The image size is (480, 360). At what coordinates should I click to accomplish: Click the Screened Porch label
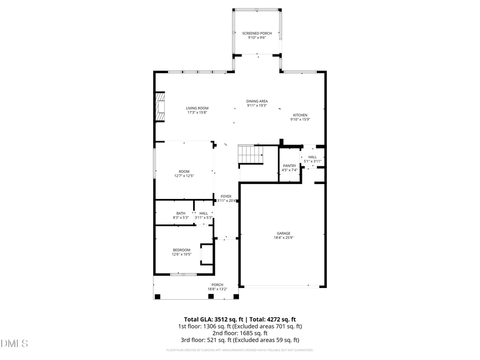point(257,34)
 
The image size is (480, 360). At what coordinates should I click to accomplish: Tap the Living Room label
point(197,108)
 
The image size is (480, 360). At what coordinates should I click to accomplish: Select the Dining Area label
point(257,101)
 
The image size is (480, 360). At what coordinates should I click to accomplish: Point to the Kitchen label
point(300,115)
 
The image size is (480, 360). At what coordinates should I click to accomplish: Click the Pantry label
point(289,166)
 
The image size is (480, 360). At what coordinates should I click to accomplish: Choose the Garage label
point(283,233)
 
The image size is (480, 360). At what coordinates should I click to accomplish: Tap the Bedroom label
point(181,250)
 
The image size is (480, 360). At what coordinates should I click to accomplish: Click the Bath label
point(181,213)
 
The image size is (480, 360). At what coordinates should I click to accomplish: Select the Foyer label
point(226,196)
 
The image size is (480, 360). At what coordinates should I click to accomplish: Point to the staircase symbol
point(251,155)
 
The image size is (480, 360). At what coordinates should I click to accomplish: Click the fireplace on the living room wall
point(159,107)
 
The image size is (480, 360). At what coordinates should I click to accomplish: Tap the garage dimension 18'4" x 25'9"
point(283,237)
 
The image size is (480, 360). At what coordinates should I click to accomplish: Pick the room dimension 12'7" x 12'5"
point(184,175)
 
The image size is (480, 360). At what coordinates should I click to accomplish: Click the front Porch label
point(217,285)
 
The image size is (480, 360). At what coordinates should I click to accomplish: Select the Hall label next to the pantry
point(312,157)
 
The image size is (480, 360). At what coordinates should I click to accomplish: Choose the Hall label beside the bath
point(203,213)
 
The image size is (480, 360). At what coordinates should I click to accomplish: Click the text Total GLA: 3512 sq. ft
point(210,318)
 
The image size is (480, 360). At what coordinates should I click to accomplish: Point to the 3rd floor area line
point(239,340)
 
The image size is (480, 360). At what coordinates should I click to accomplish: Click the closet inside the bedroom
point(206,254)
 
